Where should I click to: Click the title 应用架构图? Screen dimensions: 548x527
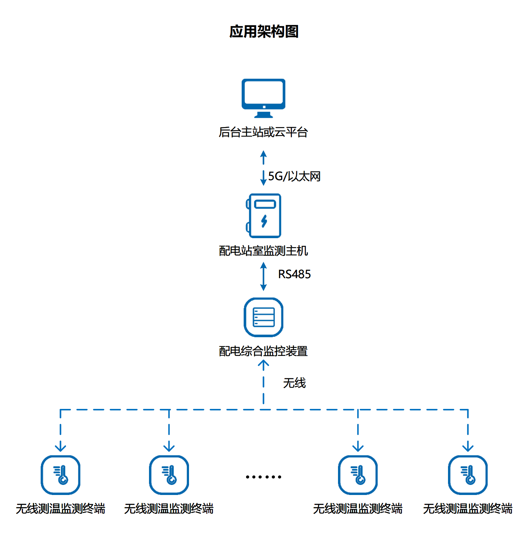pos(264,32)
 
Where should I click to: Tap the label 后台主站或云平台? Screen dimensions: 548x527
pos(263,132)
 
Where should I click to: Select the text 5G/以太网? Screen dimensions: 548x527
pos(294,176)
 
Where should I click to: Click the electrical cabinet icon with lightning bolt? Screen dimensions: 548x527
pos(264,215)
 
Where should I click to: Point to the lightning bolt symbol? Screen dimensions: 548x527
pos(264,221)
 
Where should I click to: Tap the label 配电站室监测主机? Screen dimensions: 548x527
pos(263,251)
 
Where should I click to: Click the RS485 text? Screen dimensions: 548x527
pos(294,274)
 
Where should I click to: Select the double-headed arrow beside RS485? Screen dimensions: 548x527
pos(263,276)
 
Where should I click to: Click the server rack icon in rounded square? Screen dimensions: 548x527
pos(264,317)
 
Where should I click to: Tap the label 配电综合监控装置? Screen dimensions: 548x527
pos(263,351)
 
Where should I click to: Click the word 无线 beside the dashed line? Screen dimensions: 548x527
pos(294,383)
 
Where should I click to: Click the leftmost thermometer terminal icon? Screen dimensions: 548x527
pos(60,475)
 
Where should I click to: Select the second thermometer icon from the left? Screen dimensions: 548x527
pos(169,475)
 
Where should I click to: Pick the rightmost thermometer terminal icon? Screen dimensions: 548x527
pos(468,475)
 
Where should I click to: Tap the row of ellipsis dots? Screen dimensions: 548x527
pos(263,477)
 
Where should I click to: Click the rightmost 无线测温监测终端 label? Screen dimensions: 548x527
pos(468,509)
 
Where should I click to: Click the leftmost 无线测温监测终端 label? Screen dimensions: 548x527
pos(60,509)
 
